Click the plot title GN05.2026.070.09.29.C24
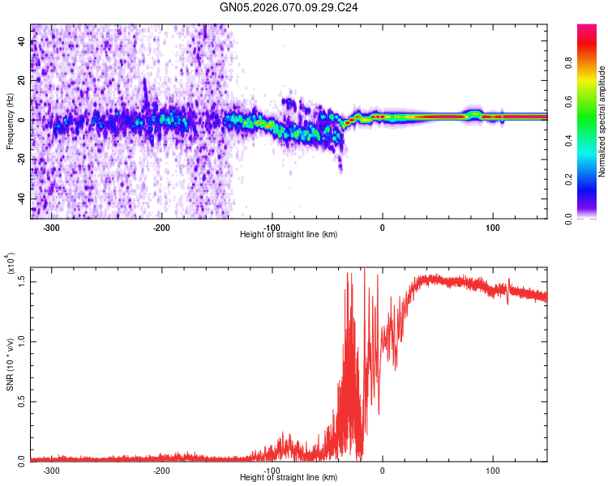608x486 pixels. click(289, 7)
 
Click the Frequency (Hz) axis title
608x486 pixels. click(11, 121)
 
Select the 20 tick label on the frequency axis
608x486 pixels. click(23, 80)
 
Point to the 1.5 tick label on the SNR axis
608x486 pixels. click(23, 280)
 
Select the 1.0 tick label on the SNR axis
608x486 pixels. click(23, 340)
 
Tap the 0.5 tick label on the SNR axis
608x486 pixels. click(23, 400)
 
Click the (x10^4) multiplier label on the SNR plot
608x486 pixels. click(11, 264)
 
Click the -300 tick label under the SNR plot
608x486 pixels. click(52, 470)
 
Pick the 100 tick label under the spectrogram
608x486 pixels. click(492, 228)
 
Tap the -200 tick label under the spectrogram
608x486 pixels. click(162, 228)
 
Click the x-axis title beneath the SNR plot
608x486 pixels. click(289, 478)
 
